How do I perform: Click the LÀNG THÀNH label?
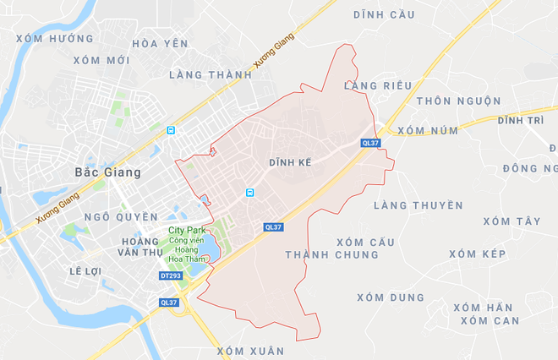[211, 74]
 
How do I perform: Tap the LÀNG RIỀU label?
[378, 85]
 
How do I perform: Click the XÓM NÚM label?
[426, 130]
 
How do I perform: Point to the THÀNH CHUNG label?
[331, 254]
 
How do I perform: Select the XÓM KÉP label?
[477, 254]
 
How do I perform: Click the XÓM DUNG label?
[390, 297]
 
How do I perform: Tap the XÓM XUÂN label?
[250, 350]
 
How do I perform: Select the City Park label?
[187, 230]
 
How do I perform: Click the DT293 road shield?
[171, 275]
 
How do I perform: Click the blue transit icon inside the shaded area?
[249, 193]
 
